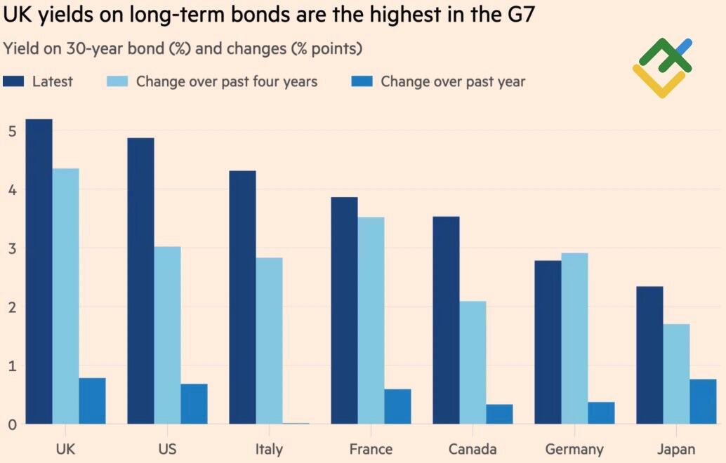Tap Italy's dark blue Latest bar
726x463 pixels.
coord(242,297)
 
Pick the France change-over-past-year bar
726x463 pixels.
coord(397,406)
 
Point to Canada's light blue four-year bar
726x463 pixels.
coord(473,362)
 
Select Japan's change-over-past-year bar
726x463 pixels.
coord(703,401)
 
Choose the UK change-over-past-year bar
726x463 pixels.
coord(92,401)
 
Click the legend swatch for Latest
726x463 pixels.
coord(14,81)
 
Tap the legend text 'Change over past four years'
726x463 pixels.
coord(226,81)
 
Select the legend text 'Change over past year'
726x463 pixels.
coord(453,81)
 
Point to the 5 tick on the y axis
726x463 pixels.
coord(12,130)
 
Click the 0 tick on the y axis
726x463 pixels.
coord(12,424)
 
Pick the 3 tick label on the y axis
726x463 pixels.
coord(12,248)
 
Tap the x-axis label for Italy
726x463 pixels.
coord(269,449)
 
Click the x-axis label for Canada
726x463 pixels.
coord(473,449)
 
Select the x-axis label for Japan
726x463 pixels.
coord(676,449)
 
